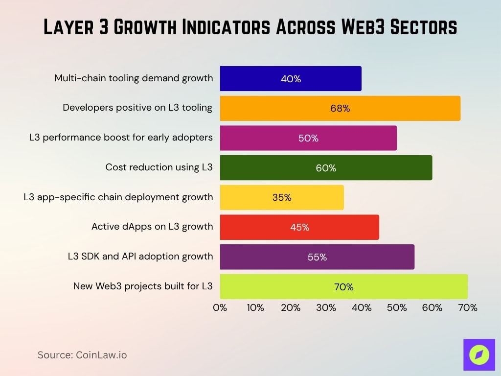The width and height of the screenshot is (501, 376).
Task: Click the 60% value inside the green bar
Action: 326,168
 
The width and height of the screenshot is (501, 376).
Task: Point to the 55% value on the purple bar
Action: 317,257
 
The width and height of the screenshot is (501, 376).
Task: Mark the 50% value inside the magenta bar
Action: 308,138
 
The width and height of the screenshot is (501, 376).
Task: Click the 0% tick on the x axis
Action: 220,308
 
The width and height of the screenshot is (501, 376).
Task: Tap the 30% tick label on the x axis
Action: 326,308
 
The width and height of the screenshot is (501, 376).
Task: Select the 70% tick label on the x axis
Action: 467,308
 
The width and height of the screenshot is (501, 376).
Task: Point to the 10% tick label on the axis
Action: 255,308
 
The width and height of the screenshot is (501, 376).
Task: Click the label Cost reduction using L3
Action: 159,167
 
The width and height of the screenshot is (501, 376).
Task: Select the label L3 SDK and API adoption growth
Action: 140,257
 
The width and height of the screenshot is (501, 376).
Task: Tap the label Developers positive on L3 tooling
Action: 137,108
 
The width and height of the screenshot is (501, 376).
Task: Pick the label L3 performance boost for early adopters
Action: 121,138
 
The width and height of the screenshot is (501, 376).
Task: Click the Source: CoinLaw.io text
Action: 82,355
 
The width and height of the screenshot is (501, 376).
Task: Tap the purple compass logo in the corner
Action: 479,354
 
